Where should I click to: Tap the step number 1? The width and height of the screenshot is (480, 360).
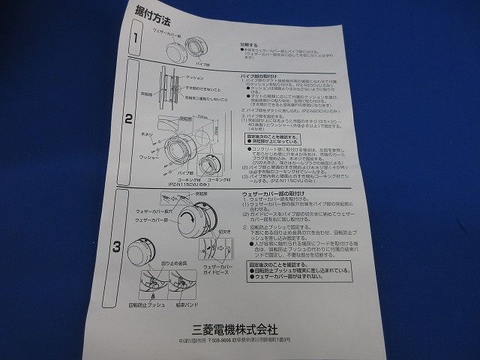(x=136, y=38)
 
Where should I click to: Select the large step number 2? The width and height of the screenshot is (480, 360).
(x=128, y=118)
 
